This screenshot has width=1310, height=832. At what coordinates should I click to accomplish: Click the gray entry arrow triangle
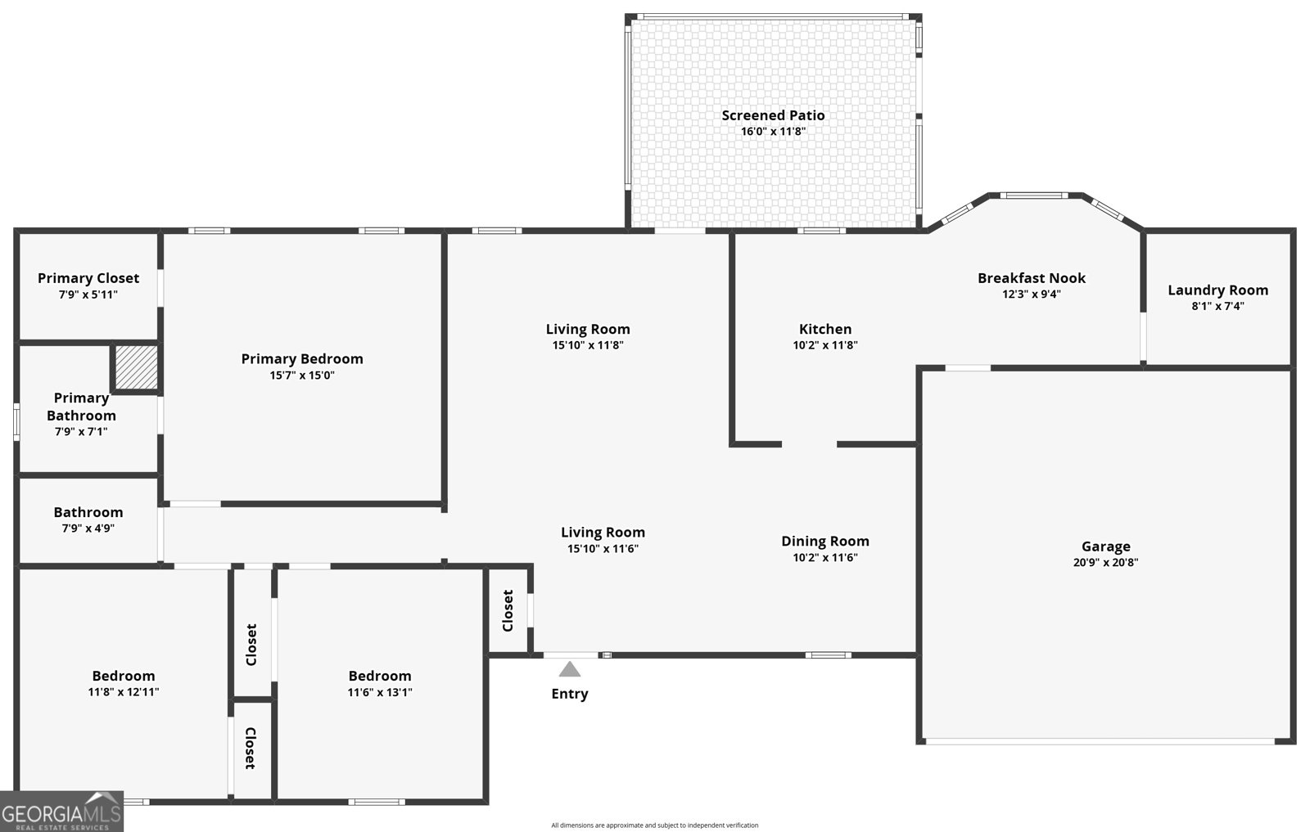(570, 670)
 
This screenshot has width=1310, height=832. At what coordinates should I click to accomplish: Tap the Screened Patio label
(773, 115)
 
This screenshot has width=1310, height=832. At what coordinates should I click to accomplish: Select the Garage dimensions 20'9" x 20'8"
(1105, 563)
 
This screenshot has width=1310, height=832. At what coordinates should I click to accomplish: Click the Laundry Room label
(1217, 290)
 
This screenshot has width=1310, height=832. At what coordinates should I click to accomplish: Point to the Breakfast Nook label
(1031, 278)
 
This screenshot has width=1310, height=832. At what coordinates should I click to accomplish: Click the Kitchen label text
(825, 329)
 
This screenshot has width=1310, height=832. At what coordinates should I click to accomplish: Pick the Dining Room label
(824, 541)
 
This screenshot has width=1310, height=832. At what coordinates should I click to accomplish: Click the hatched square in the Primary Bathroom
(135, 367)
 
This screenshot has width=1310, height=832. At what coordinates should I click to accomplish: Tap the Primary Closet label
(88, 278)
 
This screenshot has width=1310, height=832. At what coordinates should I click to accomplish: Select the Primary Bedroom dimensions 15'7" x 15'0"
(302, 376)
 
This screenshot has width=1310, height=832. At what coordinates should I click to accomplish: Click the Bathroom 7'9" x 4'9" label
(88, 519)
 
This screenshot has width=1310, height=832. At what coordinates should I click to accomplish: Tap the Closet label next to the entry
(508, 610)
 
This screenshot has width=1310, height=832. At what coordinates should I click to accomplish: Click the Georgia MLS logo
(61, 812)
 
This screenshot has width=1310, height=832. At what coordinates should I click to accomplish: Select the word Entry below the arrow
(569, 694)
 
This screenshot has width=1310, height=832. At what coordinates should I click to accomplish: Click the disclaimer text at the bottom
(654, 825)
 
